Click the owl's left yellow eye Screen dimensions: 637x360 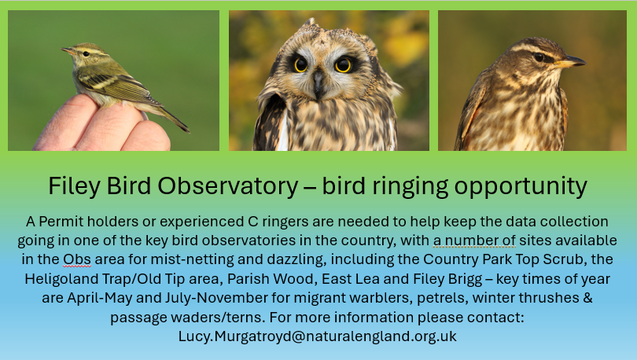(x=300, y=64)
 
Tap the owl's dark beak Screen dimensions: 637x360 (x=318, y=83)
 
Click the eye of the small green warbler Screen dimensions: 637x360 (x=86, y=53)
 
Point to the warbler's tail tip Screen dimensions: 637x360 (x=188, y=130)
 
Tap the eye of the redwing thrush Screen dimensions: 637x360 (x=539, y=57)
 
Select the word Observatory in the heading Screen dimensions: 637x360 (x=228, y=186)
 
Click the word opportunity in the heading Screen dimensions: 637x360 (x=521, y=187)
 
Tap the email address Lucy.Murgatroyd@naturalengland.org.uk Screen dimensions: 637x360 (x=317, y=336)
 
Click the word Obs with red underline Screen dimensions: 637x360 (x=77, y=259)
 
